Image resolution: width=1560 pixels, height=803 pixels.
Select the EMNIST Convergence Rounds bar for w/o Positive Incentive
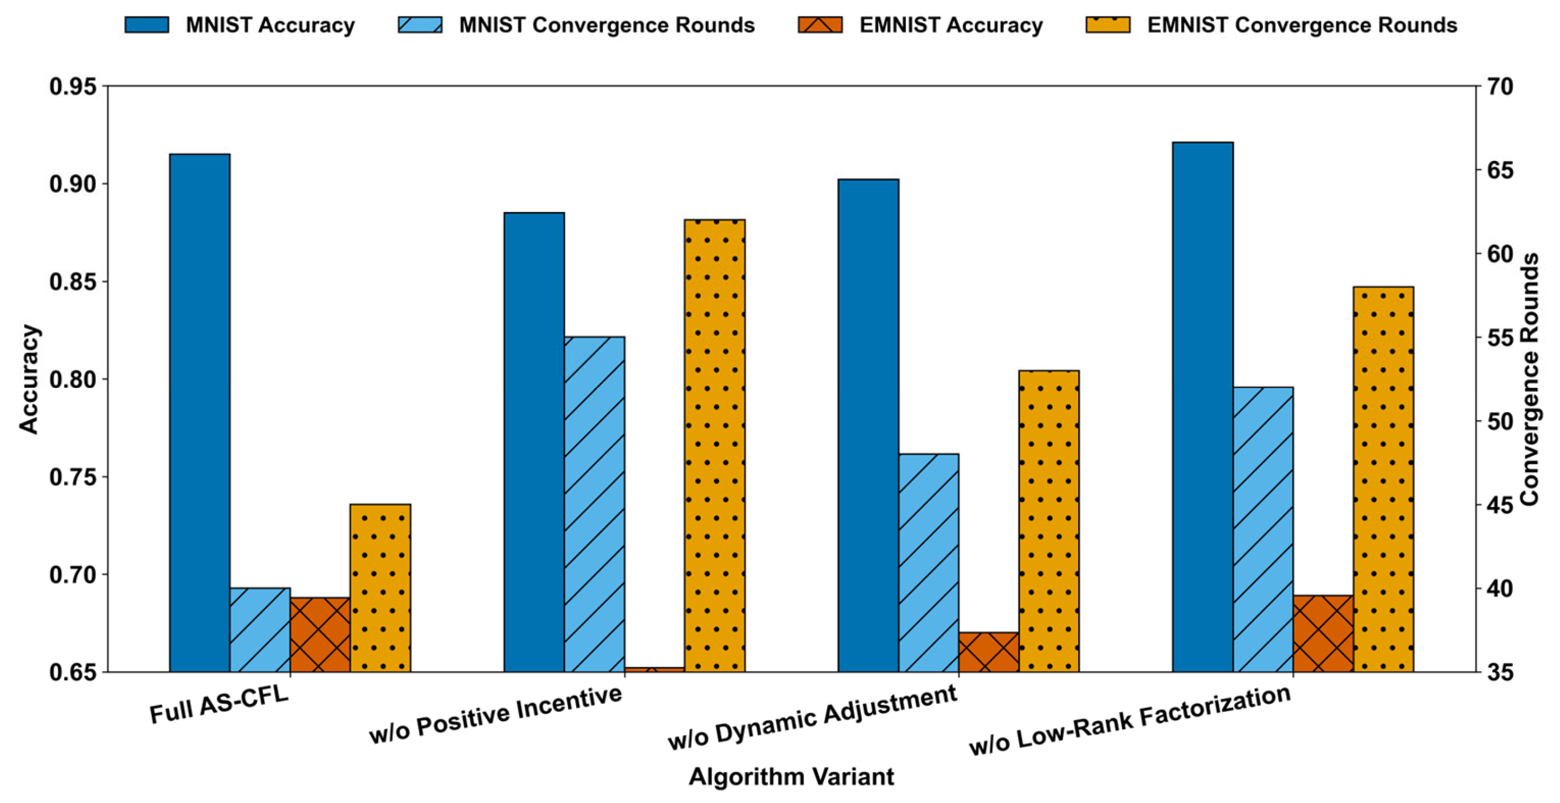714,445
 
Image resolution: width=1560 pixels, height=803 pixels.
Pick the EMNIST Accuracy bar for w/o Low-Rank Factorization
1323,633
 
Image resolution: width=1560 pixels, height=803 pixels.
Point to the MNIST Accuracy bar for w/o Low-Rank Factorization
1203,406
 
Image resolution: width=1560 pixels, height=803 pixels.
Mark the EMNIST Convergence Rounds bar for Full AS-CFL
381,587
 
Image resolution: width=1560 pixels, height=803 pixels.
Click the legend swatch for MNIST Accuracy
146,25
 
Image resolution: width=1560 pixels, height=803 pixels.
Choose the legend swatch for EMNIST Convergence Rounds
1107,25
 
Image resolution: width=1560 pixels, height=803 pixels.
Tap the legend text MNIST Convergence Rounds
607,25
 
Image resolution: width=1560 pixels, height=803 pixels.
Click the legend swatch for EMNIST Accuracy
820,25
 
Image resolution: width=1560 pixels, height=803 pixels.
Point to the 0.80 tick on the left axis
73,380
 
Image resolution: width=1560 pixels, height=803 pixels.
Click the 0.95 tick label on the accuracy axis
73,87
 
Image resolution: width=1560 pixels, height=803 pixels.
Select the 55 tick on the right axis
1499,337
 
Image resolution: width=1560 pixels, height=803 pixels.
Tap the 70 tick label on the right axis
1499,87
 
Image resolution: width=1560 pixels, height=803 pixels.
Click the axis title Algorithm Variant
791,776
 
